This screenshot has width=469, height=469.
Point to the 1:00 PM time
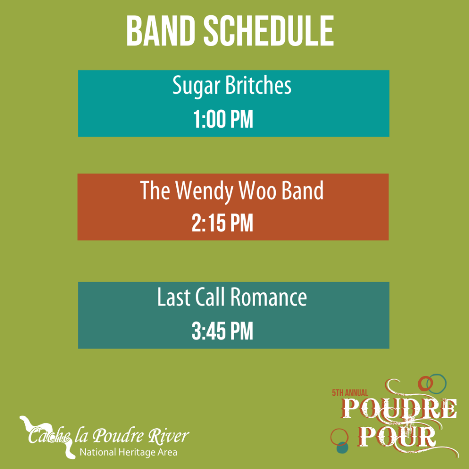point(223,120)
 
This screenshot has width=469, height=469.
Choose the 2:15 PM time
point(222,224)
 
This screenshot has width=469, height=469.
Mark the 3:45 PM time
point(222,332)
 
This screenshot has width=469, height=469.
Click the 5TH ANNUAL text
point(350,393)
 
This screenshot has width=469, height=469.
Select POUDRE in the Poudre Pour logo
point(400,409)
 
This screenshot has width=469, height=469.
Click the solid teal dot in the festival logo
point(342,447)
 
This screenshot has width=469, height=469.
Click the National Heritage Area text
point(128,453)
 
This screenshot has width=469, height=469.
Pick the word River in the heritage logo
point(172,436)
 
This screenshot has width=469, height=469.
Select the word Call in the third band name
point(211,298)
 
